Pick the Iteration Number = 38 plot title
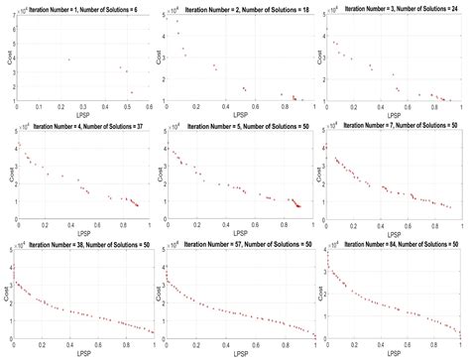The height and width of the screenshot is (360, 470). coord(84,241)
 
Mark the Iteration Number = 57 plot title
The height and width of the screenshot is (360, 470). coord(241,241)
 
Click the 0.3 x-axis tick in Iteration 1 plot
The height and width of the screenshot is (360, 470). coord(82,107)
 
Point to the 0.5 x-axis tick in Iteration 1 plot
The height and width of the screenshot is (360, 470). coord(128,107)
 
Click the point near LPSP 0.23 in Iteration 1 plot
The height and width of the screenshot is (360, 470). coord(68,60)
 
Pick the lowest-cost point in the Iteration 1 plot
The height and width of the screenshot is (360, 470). coord(131,93)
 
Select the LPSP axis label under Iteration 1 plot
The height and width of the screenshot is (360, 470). coord(84,114)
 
